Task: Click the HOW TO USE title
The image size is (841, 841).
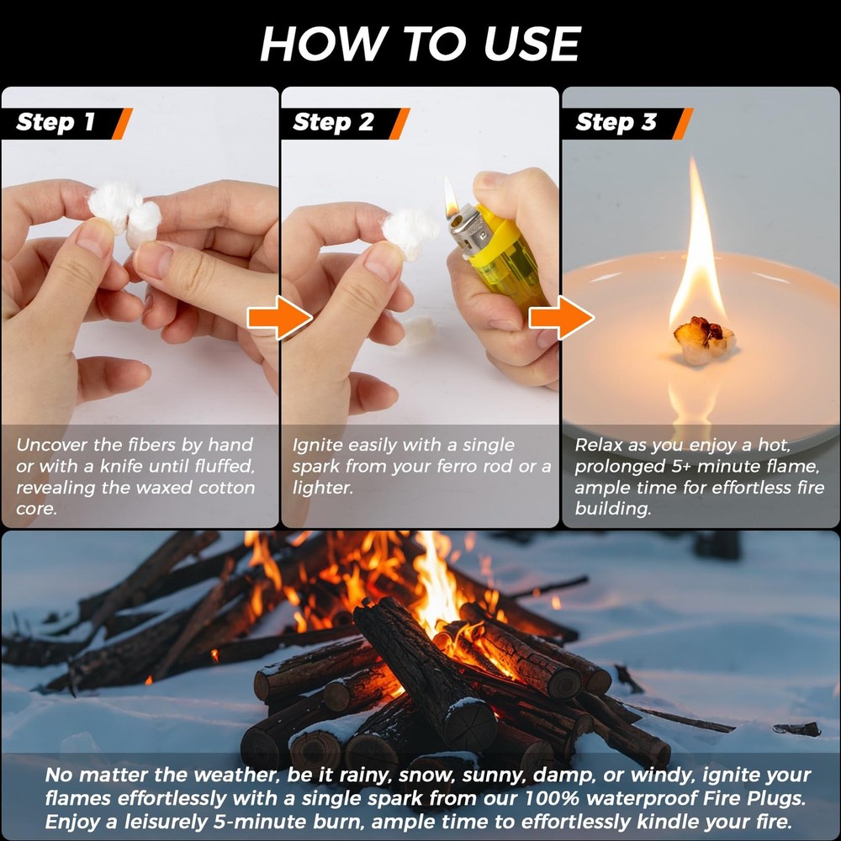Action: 420,44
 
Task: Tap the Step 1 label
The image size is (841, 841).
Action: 56,123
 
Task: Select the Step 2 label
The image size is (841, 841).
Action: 334,123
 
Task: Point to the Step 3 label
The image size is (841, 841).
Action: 616,123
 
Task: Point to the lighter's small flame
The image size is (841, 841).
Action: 452,198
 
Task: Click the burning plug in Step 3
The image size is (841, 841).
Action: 703,338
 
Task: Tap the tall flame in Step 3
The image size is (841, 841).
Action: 697,252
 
